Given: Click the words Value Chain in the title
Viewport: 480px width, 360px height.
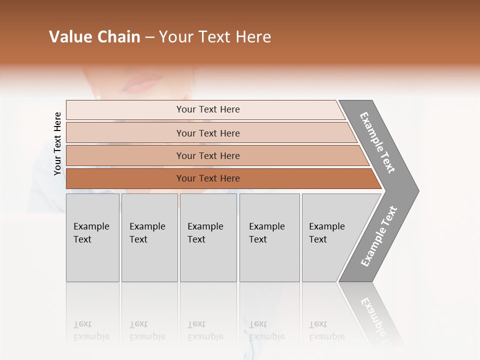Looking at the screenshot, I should pos(94,37).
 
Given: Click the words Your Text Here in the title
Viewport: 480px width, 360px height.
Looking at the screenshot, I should pos(215,37).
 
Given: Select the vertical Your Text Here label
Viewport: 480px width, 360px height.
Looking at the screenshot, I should pos(57,143).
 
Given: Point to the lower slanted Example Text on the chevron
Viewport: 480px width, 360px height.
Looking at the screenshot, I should pos(379,236).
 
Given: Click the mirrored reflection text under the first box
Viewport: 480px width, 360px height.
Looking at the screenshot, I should pos(91,330).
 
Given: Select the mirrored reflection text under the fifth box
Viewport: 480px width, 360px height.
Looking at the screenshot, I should pos(326,330).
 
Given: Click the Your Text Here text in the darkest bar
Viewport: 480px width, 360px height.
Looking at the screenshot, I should pos(208,178).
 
